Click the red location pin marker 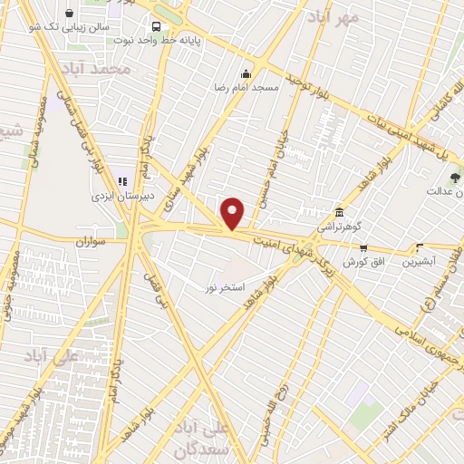(233, 214)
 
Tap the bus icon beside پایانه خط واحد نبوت (157, 27)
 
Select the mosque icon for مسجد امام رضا (245, 74)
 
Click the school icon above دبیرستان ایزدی (121, 181)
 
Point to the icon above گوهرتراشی (339, 210)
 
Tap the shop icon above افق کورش (363, 246)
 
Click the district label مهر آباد (333, 16)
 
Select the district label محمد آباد (96, 69)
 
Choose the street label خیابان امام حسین (267, 172)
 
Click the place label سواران (91, 243)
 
